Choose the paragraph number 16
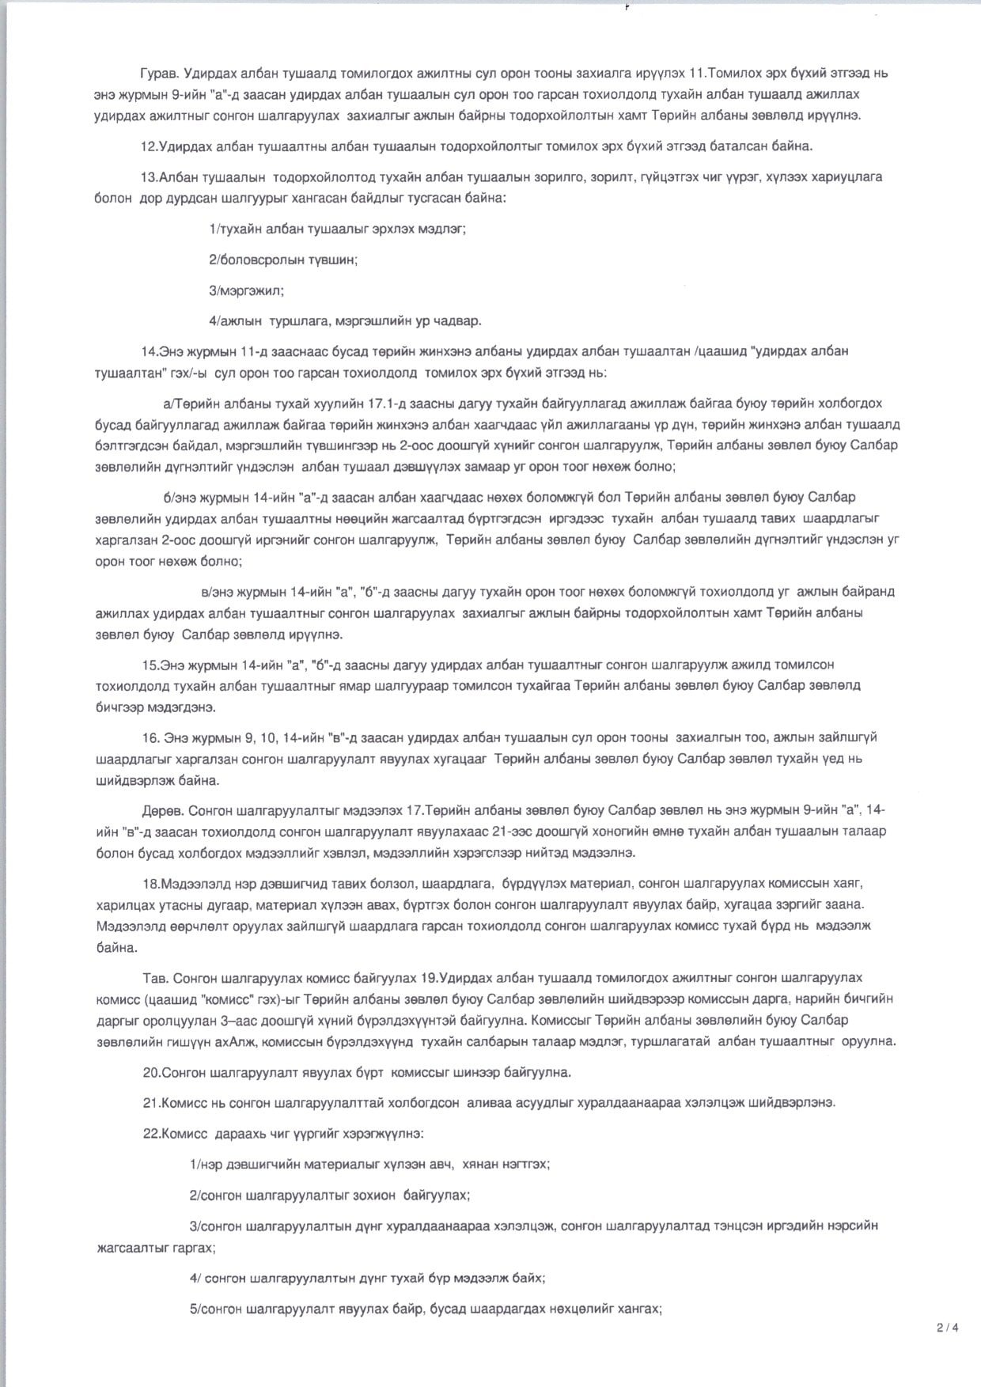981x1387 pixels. click(151, 737)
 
